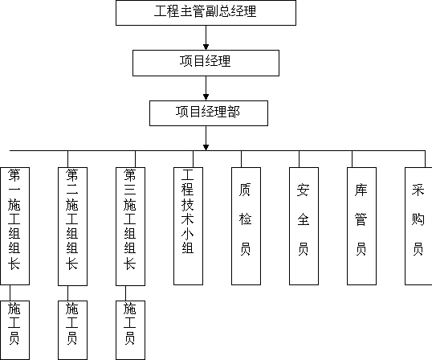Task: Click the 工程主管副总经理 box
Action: click(x=206, y=13)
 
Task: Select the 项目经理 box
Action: click(x=206, y=63)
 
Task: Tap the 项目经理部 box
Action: click(x=209, y=113)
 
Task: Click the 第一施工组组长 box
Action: click(x=15, y=226)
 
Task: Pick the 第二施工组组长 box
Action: click(x=73, y=227)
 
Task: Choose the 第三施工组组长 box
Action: click(x=131, y=227)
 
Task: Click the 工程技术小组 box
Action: click(x=189, y=226)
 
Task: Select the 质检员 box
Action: click(x=246, y=226)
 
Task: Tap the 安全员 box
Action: click(x=304, y=226)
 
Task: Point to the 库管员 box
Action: click(x=362, y=226)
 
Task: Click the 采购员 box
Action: click(x=418, y=226)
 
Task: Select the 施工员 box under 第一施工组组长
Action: click(x=15, y=330)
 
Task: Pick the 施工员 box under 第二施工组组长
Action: click(x=73, y=330)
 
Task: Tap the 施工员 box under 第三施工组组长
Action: click(x=131, y=330)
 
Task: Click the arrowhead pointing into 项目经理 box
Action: click(x=206, y=47)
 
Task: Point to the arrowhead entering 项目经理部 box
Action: click(x=206, y=97)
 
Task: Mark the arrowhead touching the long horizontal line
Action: click(x=206, y=148)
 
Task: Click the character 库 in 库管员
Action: click(x=361, y=190)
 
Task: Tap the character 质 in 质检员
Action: click(x=245, y=190)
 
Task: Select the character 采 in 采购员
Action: click(x=418, y=190)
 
